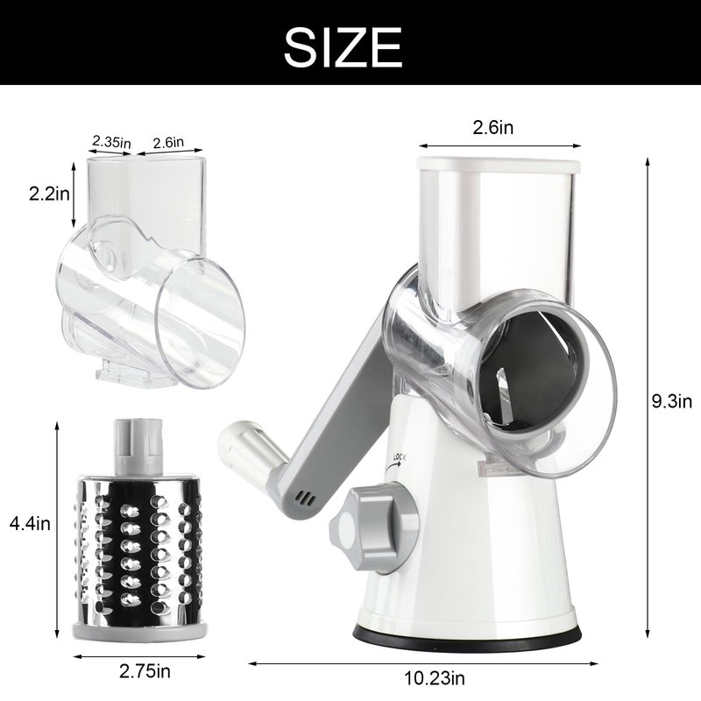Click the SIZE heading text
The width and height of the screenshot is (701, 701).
pyautogui.click(x=343, y=47)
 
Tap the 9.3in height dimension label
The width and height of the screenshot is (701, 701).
pyautogui.click(x=671, y=401)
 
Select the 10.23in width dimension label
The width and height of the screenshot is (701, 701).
pyautogui.click(x=435, y=677)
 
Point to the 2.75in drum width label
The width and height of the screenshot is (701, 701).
pyautogui.click(x=145, y=671)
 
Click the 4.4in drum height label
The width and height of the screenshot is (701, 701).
pyautogui.click(x=30, y=523)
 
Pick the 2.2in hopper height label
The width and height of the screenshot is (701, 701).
pyautogui.click(x=49, y=194)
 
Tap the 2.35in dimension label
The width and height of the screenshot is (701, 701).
pyautogui.click(x=111, y=142)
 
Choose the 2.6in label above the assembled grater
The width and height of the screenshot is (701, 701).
pyautogui.click(x=493, y=127)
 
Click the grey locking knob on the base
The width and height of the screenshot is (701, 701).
pyautogui.click(x=373, y=529)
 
